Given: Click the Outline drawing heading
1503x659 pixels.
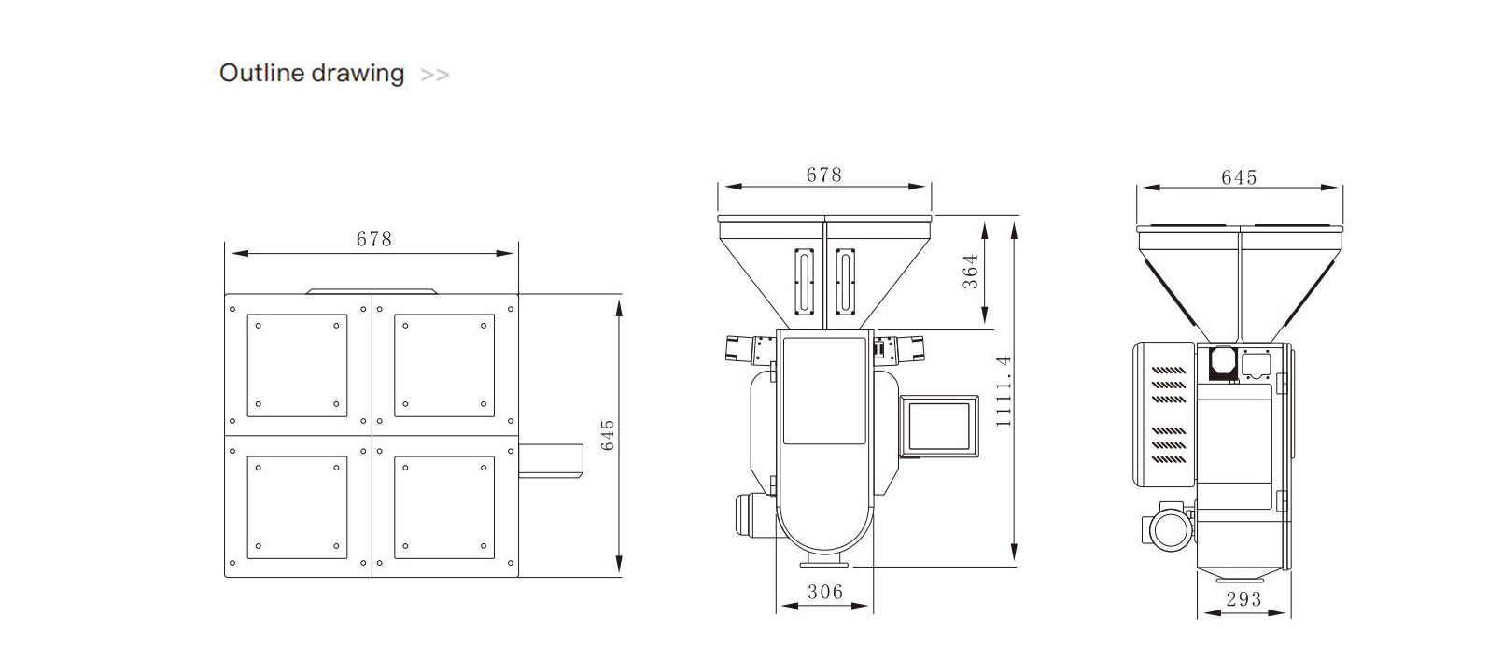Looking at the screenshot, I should tap(311, 74).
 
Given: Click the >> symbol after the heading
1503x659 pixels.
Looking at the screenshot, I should tap(435, 75).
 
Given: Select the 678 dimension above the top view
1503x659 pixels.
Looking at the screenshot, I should tap(373, 240).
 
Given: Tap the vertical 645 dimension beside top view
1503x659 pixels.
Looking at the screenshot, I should tap(608, 435).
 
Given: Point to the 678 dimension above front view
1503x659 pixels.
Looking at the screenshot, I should tap(823, 175).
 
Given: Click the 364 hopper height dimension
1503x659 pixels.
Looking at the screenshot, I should tap(971, 272).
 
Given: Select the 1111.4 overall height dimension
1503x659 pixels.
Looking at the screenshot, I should tap(1004, 390).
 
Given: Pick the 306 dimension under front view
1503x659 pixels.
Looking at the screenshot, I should tap(824, 592).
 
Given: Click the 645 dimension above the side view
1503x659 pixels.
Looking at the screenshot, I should tap(1239, 177).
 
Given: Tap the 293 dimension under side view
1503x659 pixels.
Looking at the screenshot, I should tap(1243, 599).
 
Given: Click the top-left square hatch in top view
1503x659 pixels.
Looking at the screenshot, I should tap(297, 365).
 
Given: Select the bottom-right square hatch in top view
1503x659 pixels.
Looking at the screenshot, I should tap(444, 507).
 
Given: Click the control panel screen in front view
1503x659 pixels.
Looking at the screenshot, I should tap(939, 427).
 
